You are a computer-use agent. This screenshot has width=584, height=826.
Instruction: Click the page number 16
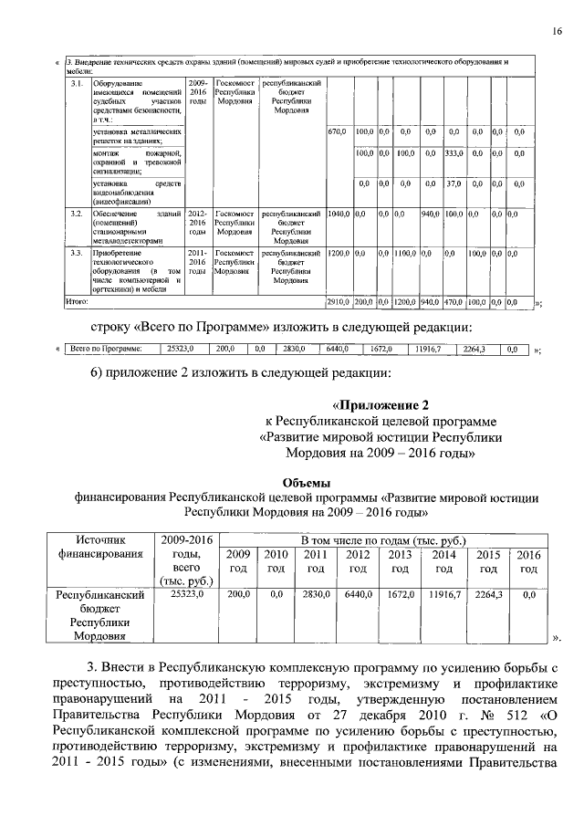tap(556, 34)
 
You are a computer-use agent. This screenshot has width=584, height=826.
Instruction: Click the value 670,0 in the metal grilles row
tap(337, 132)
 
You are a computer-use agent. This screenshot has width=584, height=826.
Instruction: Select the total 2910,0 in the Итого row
tap(339, 300)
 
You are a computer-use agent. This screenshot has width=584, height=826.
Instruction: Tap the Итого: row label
tap(77, 299)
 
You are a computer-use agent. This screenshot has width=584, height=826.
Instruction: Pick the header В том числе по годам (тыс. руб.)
tap(374, 539)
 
